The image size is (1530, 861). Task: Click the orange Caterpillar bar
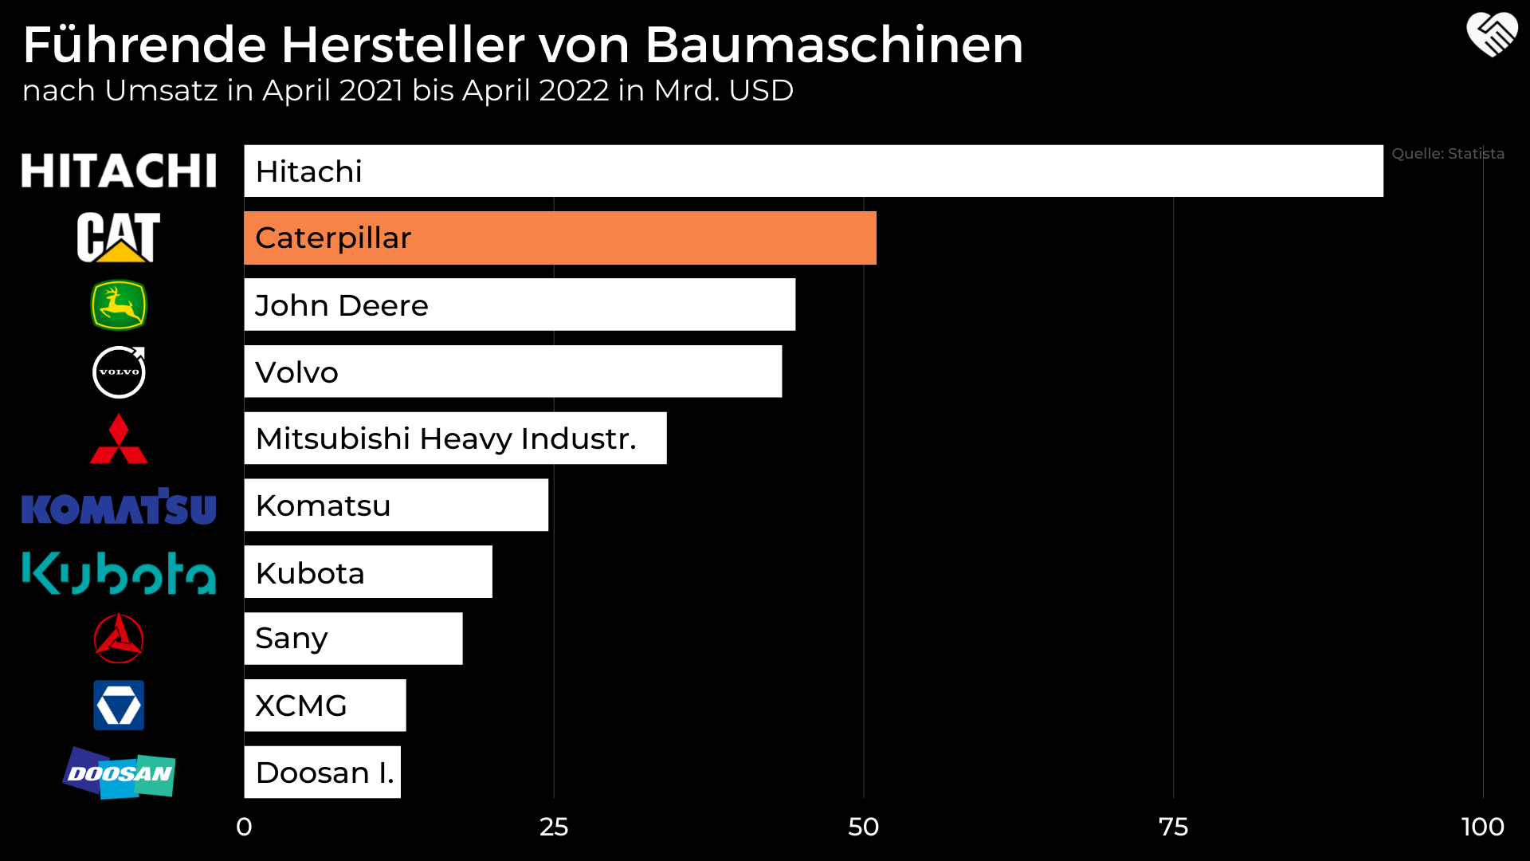[559, 238]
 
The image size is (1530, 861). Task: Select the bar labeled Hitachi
[813, 171]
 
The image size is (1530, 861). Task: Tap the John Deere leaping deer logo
[119, 305]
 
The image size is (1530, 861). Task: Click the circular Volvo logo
[119, 372]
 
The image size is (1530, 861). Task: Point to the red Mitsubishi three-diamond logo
[119, 439]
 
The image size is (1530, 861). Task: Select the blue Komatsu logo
[119, 507]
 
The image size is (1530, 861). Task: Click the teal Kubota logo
[119, 573]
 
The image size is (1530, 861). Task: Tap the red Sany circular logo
[119, 639]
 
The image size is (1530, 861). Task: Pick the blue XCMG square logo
[119, 706]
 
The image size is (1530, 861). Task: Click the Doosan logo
[119, 773]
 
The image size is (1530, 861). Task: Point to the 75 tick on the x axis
[1173, 827]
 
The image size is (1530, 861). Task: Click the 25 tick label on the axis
[554, 827]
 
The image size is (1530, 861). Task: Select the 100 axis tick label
[1482, 827]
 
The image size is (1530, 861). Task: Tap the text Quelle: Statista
[1448, 154]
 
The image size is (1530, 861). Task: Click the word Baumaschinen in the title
[834, 45]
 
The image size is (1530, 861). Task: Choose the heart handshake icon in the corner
[1492, 35]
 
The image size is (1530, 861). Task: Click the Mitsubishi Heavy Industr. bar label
[446, 438]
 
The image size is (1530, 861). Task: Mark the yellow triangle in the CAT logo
[119, 253]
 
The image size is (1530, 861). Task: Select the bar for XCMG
[325, 706]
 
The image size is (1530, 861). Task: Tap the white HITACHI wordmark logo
[119, 171]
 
